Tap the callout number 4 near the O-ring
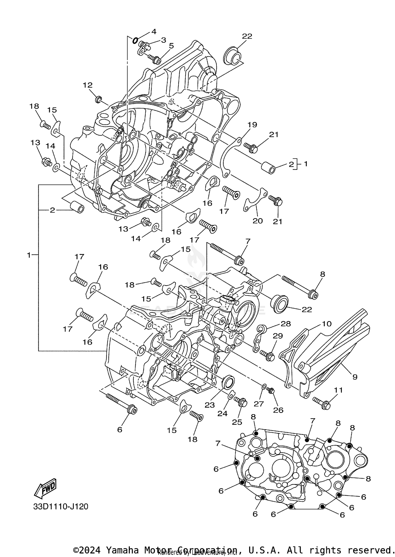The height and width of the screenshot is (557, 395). (x=154, y=32)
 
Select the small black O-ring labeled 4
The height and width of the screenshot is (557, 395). (x=135, y=40)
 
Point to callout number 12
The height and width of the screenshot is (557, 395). (x=88, y=85)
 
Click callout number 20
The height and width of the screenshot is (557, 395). (x=258, y=221)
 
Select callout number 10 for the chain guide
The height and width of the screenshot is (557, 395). (x=327, y=324)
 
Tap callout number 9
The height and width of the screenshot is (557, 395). (x=355, y=377)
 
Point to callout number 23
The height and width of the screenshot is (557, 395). (x=210, y=405)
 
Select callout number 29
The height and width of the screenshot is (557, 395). (x=278, y=336)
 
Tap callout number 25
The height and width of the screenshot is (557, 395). (x=237, y=422)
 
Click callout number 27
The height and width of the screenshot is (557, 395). (x=259, y=404)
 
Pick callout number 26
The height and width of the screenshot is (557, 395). (x=278, y=410)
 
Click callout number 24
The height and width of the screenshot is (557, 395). (x=222, y=413)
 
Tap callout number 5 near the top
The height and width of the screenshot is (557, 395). (x=171, y=46)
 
